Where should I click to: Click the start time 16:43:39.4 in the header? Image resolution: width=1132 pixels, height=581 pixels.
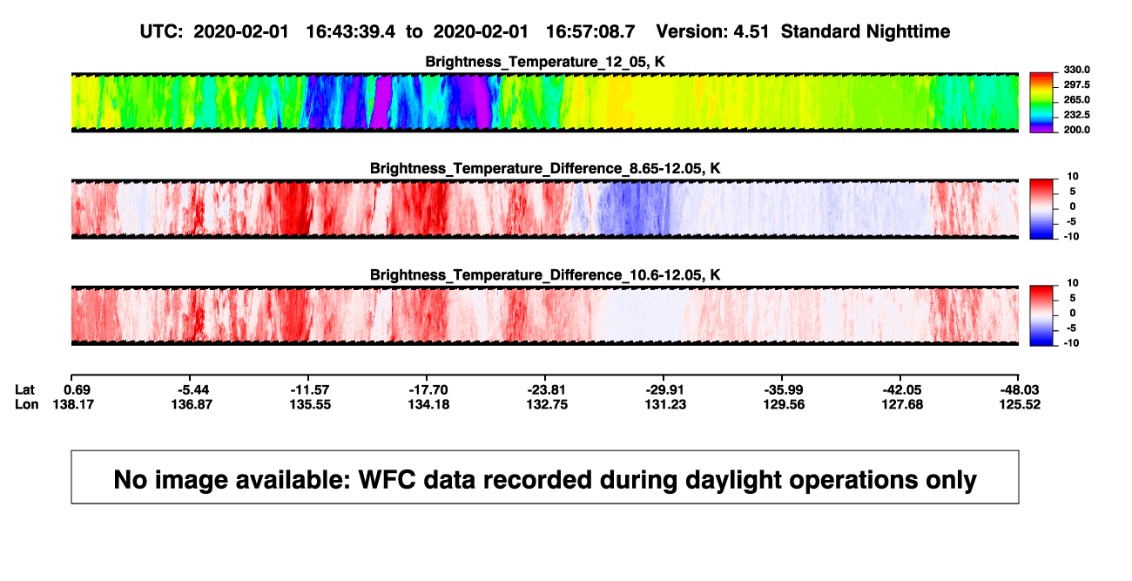pos(351,32)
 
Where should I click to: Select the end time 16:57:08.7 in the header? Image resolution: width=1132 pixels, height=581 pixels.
pos(590,32)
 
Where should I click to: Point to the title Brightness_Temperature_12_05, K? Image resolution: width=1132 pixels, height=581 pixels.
pos(545,62)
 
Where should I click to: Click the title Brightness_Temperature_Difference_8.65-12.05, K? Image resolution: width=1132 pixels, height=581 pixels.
pos(545,168)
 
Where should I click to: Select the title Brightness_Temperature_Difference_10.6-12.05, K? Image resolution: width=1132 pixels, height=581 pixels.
pos(545,275)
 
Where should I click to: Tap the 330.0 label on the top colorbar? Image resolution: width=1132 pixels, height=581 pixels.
pos(1076,70)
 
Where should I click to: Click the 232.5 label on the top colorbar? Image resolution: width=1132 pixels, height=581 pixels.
pos(1076,115)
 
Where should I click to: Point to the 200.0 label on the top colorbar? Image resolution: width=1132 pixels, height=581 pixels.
pos(1076,130)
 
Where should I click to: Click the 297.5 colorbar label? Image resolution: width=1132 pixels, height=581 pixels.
pos(1076,85)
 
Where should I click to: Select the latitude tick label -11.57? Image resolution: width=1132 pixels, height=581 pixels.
pos(309,390)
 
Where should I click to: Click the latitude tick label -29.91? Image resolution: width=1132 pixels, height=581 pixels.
pos(664,390)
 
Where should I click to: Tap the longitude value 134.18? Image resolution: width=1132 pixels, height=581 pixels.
pos(428,404)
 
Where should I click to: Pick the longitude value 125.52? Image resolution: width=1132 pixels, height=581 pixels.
pos(1020,404)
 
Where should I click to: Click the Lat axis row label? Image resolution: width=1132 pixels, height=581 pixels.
pos(24,390)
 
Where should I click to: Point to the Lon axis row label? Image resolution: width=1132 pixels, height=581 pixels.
pos(27,404)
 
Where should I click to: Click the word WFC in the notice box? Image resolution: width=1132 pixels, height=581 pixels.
pos(387,480)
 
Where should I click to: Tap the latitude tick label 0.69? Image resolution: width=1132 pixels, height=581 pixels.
pos(77,390)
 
